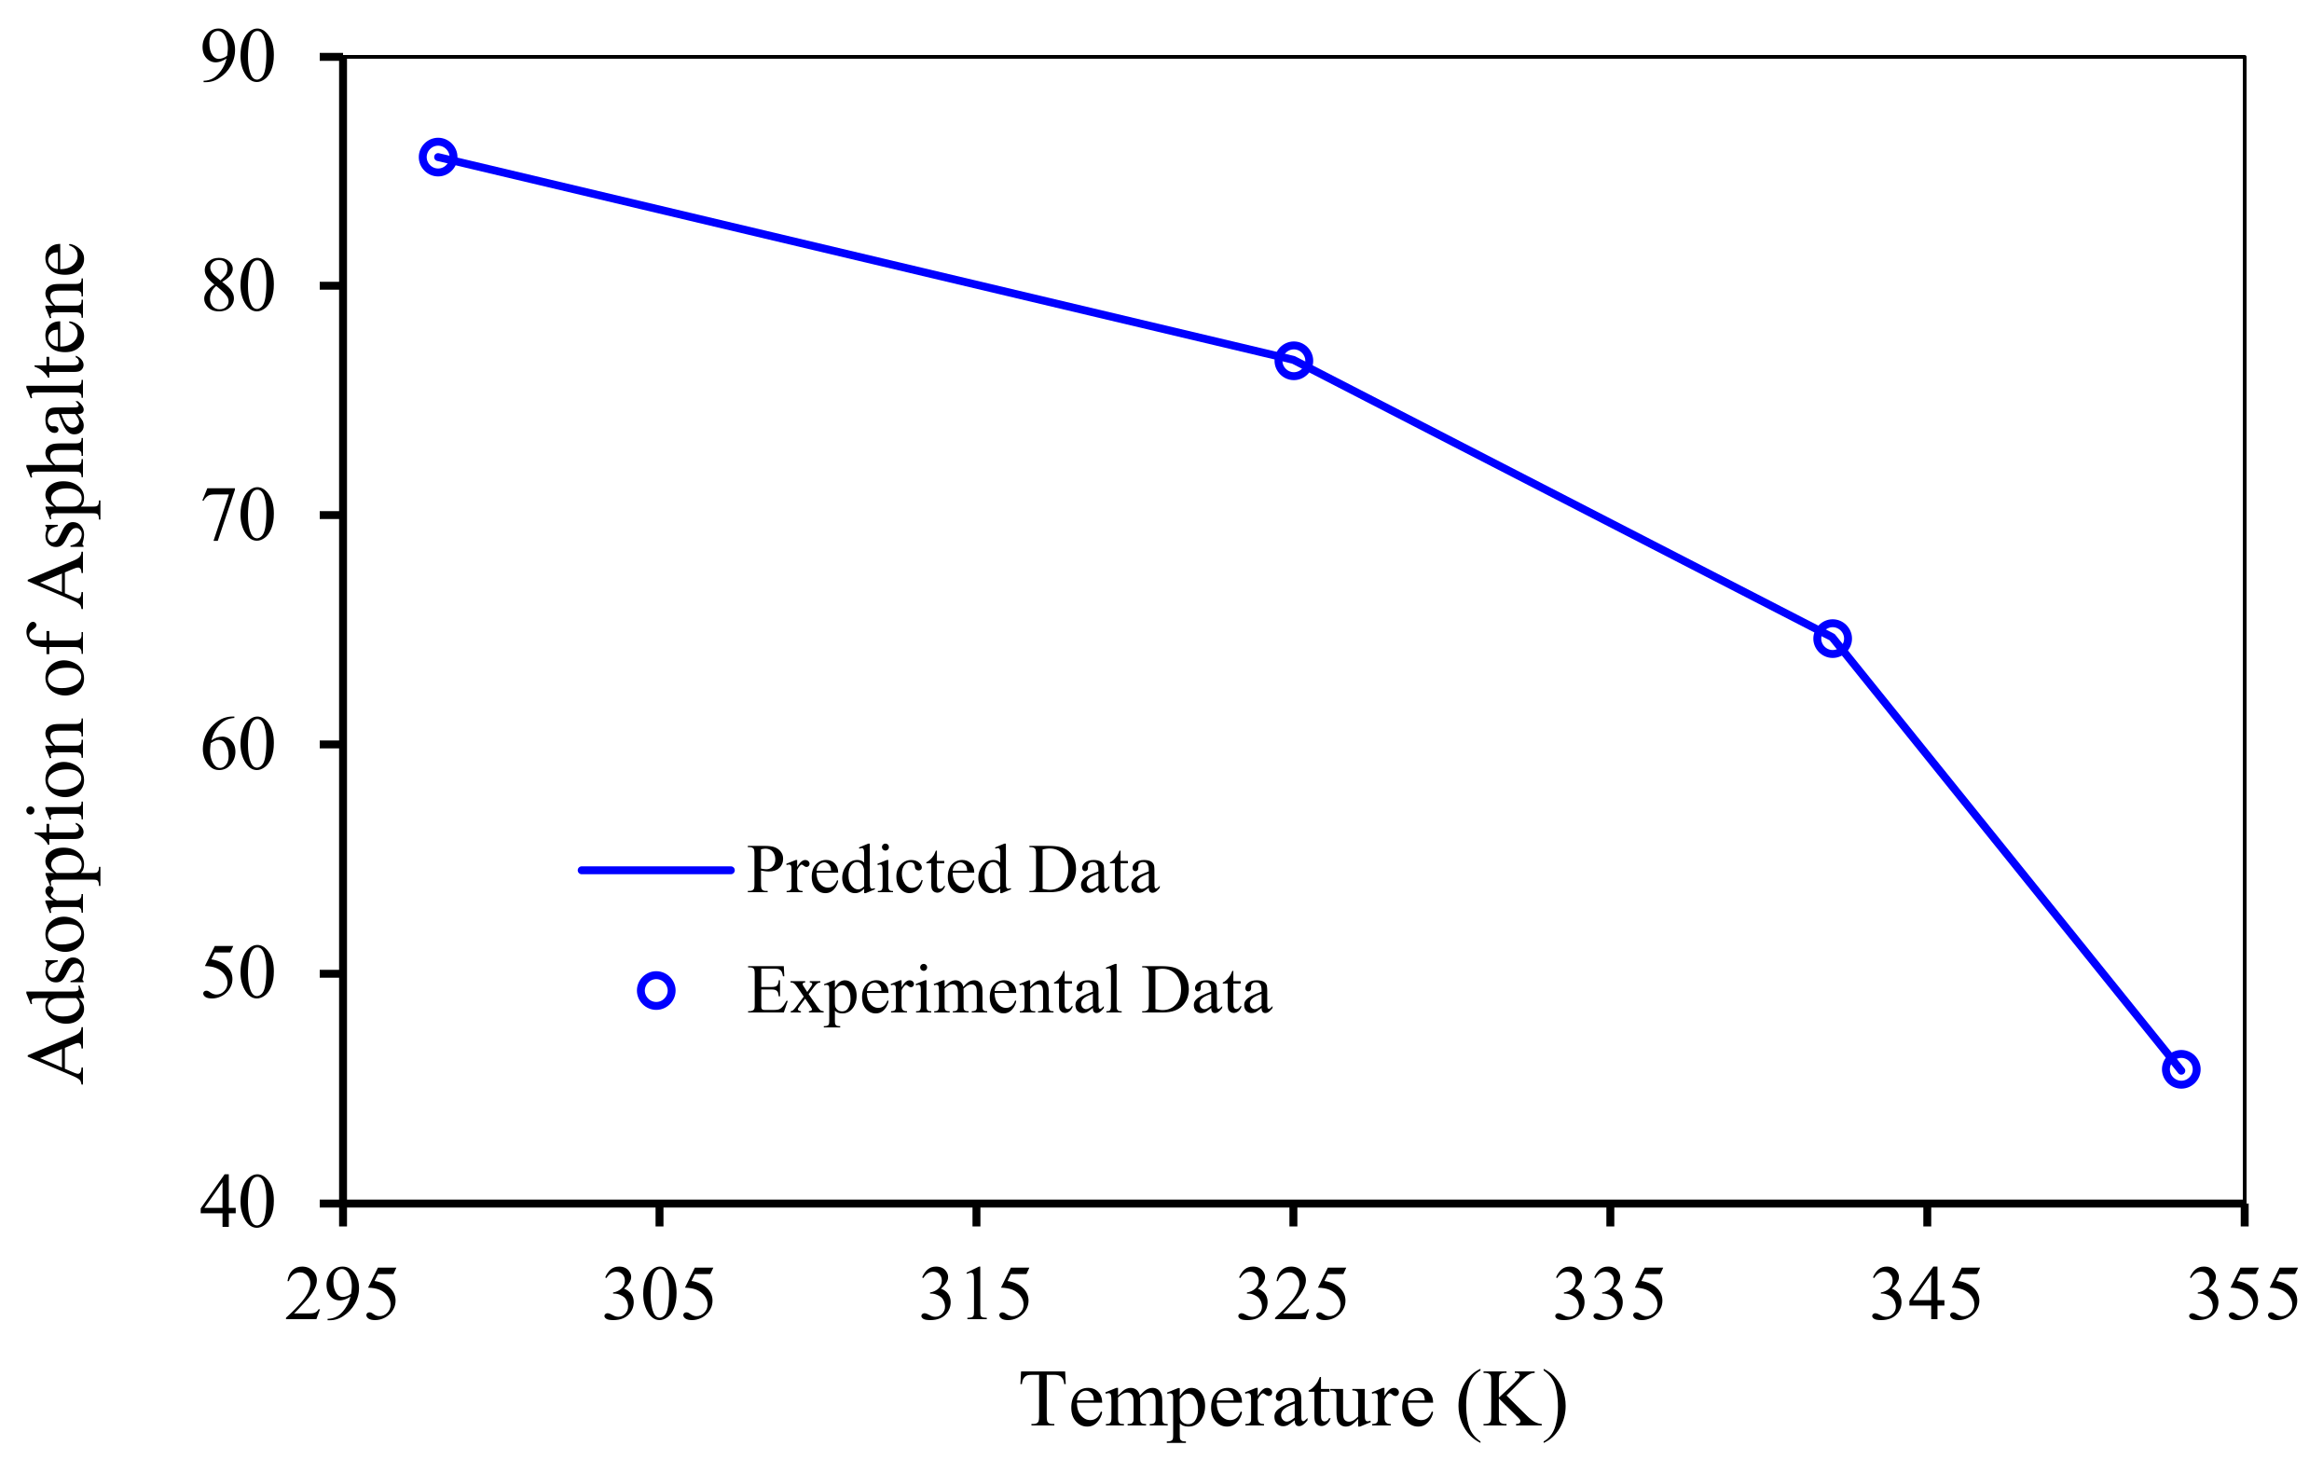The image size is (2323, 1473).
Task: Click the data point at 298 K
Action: (438, 158)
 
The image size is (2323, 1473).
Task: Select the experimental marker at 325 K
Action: (1293, 361)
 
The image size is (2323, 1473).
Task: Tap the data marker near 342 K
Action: (1832, 639)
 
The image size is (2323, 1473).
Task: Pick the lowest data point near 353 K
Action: (2181, 1068)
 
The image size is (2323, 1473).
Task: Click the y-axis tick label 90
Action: (238, 58)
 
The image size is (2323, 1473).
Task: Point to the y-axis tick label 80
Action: (238, 286)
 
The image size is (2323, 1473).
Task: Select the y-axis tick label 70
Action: (238, 516)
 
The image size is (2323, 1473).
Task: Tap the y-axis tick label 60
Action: (238, 745)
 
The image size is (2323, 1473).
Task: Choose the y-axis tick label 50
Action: (238, 974)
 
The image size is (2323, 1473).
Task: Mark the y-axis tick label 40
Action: (238, 1203)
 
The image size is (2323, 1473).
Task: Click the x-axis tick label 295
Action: (341, 1296)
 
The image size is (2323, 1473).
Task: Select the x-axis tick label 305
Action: (659, 1296)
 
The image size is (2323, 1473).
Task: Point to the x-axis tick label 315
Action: (975, 1296)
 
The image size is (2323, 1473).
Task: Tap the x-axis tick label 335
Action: (1609, 1296)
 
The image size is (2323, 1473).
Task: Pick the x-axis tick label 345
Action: (1926, 1296)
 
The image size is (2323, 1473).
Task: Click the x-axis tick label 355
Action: (2243, 1296)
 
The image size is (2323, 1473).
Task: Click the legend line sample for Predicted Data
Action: (656, 870)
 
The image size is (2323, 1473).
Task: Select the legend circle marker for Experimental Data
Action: (656, 991)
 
